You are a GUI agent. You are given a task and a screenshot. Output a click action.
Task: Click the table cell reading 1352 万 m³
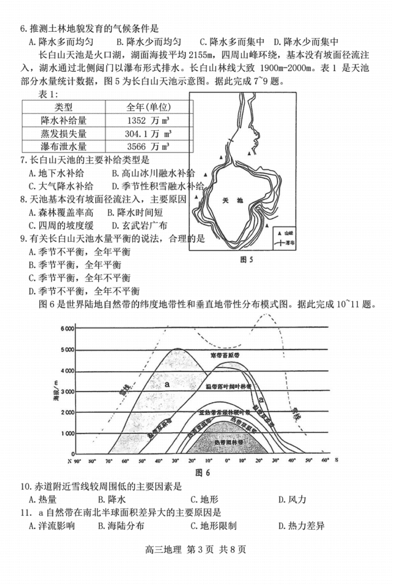click(148, 120)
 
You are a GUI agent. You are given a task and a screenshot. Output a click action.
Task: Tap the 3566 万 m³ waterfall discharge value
click(148, 146)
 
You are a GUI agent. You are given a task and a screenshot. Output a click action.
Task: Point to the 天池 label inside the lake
click(229, 201)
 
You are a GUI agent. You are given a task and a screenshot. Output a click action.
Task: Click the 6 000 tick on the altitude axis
click(68, 328)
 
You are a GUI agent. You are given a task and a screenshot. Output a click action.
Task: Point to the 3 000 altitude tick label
click(68, 391)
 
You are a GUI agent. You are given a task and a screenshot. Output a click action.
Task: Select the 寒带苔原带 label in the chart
click(227, 355)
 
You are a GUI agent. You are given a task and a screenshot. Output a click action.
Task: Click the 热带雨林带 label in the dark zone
click(227, 442)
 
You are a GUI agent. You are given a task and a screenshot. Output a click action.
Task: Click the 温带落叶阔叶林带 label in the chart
click(229, 387)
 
